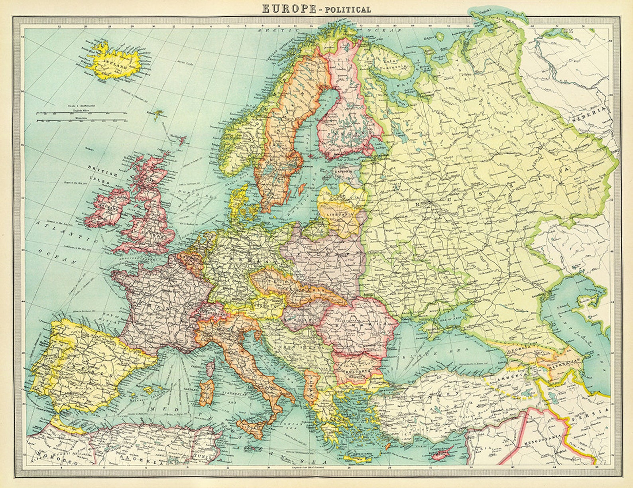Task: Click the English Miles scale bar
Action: [80, 113]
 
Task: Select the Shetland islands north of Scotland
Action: [182, 140]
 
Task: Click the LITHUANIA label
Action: [340, 214]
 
